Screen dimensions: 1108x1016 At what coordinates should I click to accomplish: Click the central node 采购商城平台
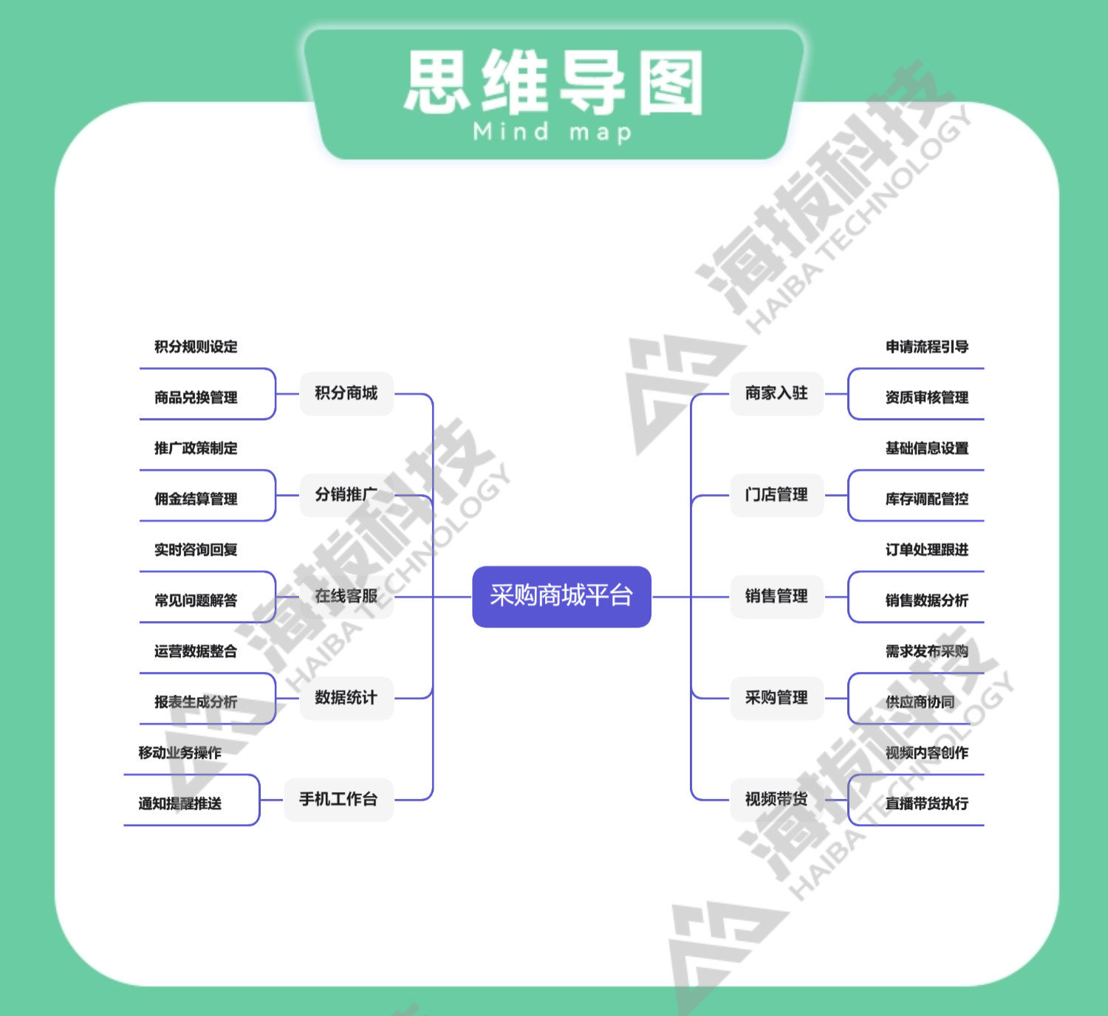[x=561, y=596]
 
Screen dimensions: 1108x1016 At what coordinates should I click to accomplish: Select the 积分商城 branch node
[x=346, y=394]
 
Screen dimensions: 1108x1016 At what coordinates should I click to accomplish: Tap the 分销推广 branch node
[x=346, y=495]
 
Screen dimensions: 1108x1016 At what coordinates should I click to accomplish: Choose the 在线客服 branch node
[x=346, y=596]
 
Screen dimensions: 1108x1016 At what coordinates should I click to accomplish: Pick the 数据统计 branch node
[x=346, y=698]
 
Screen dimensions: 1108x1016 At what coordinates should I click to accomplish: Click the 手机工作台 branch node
[x=338, y=799]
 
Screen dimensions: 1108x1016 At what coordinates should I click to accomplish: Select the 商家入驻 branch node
[x=776, y=394]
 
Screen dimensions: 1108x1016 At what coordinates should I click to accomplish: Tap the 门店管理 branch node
[x=776, y=495]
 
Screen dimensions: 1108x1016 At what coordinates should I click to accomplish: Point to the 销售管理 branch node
[x=776, y=596]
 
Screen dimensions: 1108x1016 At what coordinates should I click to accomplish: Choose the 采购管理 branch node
[x=776, y=698]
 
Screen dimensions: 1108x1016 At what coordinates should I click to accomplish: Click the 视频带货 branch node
[x=776, y=799]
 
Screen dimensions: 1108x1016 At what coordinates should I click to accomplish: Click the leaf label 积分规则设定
[x=196, y=347]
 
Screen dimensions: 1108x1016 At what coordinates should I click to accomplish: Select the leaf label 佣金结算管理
[x=196, y=499]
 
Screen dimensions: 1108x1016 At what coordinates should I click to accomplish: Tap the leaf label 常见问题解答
[x=196, y=600]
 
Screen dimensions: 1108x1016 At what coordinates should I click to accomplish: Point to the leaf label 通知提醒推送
[x=180, y=803]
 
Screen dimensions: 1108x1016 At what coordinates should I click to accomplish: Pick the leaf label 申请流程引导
[x=927, y=347]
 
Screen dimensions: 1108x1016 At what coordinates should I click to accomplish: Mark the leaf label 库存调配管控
[x=927, y=499]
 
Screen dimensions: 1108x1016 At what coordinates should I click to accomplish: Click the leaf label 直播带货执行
[x=927, y=803]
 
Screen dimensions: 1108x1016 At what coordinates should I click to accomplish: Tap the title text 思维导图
[x=554, y=83]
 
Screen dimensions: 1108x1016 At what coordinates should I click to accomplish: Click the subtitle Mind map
[x=553, y=133]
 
